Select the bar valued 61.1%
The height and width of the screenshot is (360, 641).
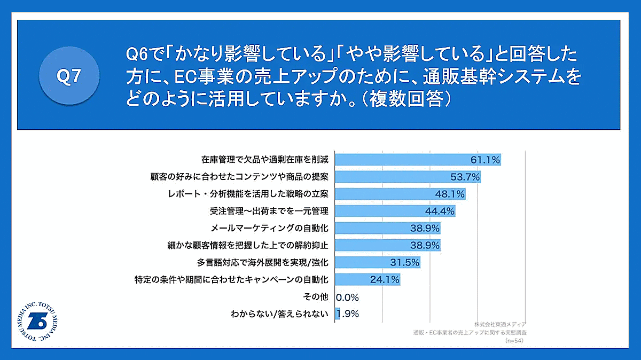417,159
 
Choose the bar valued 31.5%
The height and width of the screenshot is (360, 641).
377,262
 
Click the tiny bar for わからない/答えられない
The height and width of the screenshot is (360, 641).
337,314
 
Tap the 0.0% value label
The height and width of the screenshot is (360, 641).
347,297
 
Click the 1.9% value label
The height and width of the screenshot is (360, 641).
349,314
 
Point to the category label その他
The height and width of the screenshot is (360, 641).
315,297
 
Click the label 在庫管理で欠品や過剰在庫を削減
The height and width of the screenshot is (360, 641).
264,159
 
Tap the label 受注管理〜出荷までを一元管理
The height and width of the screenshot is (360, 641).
273,211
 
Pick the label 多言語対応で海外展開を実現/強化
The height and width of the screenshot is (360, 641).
262,263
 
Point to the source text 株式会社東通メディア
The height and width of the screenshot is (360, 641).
499,324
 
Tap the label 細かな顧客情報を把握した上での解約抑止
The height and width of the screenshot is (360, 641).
247,245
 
